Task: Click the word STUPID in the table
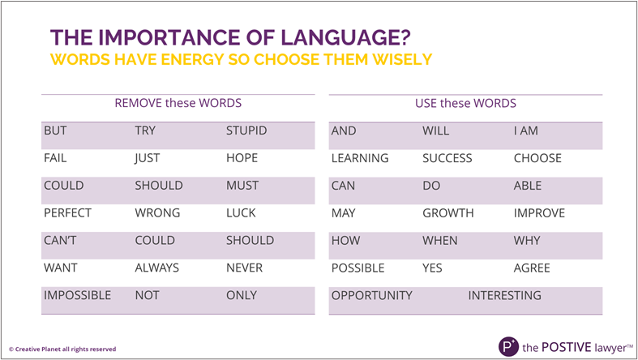[x=246, y=131]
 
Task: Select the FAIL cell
[x=55, y=158]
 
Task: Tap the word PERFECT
[x=67, y=212]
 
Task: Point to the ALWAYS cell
[x=157, y=268]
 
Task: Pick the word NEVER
[x=244, y=268]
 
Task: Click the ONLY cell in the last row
[x=242, y=295]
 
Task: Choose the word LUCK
[x=241, y=212]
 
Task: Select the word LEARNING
[x=360, y=158]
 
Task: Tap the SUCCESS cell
[x=447, y=158]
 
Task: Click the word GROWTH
[x=448, y=212]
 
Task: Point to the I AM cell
[x=525, y=131]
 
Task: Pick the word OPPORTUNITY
[x=372, y=295]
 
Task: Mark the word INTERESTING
[x=504, y=295]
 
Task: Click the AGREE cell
[x=532, y=268]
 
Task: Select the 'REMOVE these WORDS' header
[x=178, y=103]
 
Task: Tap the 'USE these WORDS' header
[x=465, y=103]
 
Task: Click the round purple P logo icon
[x=508, y=346]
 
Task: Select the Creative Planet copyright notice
[x=62, y=349]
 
